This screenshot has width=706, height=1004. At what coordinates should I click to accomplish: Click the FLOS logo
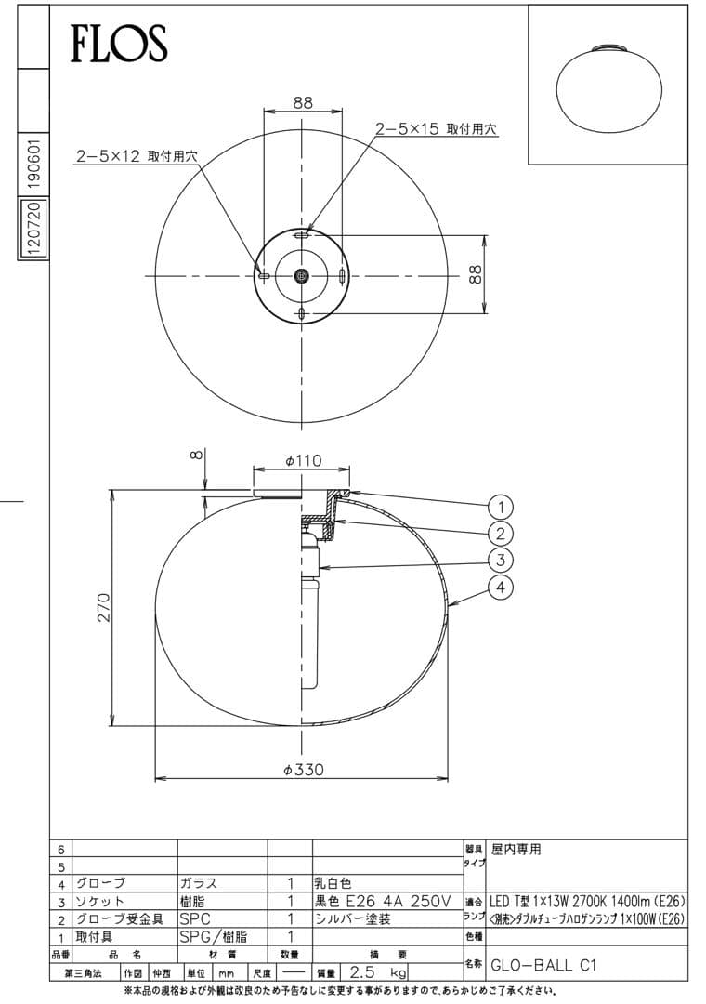119,42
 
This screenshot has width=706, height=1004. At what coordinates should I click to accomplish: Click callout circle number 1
501,507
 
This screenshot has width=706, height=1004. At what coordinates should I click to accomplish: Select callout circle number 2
501,534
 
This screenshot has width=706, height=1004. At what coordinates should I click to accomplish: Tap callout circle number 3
501,560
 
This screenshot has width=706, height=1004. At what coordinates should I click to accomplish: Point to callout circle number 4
501,587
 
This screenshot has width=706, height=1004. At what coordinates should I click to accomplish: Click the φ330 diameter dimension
302,770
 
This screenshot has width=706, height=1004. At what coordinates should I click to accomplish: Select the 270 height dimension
104,607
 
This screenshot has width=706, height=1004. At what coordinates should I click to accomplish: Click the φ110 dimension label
302,460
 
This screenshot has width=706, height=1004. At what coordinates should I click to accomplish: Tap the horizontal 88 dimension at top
303,103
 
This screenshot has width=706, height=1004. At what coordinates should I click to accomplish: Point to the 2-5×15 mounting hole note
437,129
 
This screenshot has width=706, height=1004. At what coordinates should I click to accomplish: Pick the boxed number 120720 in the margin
33,228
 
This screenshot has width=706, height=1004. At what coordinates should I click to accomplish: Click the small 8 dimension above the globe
194,456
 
